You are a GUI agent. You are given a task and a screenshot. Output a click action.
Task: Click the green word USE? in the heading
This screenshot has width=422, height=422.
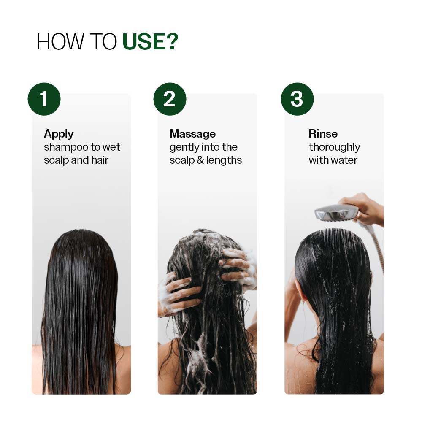[x=150, y=41]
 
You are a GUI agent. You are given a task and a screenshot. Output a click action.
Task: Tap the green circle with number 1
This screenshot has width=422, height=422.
[x=44, y=99]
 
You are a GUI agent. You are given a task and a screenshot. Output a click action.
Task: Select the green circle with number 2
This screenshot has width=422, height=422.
[x=170, y=99]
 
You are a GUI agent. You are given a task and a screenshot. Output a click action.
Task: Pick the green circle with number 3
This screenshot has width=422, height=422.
[x=297, y=99]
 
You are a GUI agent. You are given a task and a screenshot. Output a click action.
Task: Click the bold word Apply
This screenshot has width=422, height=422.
[x=59, y=134]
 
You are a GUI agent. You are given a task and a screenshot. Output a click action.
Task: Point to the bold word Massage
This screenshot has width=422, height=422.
[x=192, y=134]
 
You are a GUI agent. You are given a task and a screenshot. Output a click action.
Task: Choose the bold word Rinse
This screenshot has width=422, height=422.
[x=323, y=134]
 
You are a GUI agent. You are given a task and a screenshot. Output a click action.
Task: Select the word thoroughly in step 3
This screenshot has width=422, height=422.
[x=334, y=147]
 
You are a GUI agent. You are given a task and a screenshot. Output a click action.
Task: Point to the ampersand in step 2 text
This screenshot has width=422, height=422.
[x=200, y=160]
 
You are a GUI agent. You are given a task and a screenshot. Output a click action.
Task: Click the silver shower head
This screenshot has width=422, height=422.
[x=336, y=212]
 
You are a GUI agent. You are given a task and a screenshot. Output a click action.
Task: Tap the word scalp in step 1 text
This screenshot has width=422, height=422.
[x=55, y=160]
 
